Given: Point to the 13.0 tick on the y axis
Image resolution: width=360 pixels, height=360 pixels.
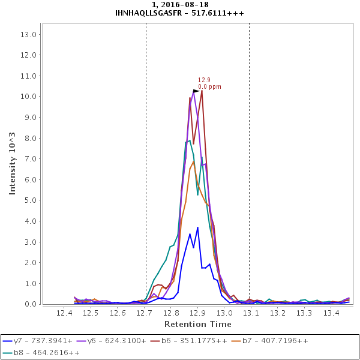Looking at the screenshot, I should [29, 34].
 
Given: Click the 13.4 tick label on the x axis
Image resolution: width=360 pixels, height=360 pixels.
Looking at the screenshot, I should [332, 313].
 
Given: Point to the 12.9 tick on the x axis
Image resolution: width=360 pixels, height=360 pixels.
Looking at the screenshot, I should [197, 313].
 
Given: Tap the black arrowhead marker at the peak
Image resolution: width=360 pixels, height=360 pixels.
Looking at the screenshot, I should [196, 91].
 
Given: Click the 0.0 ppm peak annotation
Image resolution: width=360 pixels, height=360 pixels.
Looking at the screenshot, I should [209, 87].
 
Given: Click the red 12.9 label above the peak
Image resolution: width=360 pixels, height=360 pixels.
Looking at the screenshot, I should [204, 80].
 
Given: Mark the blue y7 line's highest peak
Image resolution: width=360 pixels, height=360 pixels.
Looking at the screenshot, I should [197, 227].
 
